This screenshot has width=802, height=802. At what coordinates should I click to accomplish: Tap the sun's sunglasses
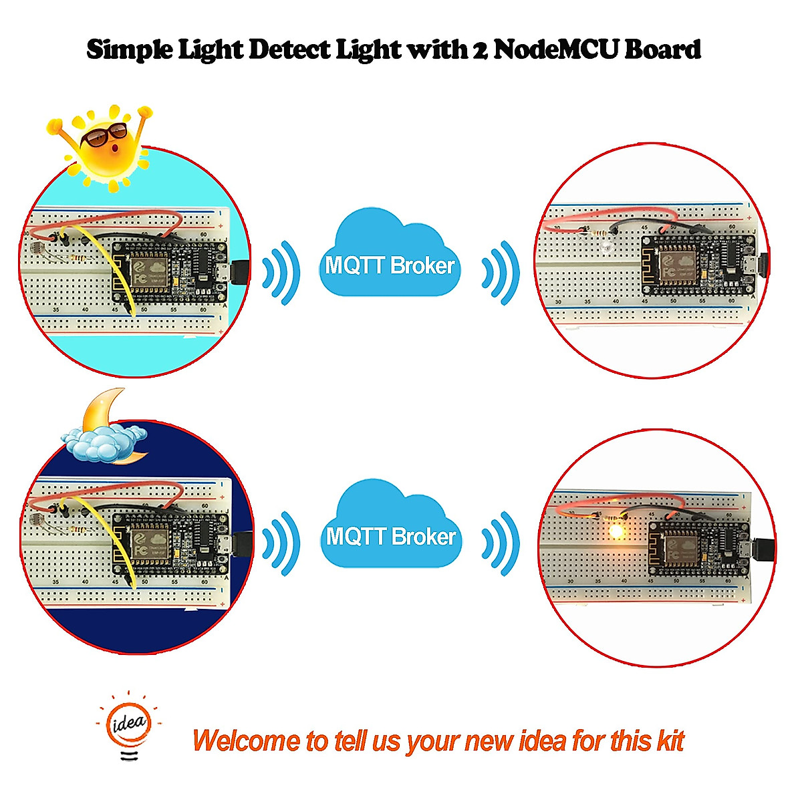click(x=103, y=136)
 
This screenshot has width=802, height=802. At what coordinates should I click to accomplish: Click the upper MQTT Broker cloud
click(x=390, y=254)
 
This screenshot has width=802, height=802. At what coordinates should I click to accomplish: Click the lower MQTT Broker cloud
click(x=391, y=525)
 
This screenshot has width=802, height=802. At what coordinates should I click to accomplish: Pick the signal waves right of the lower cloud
click(x=501, y=543)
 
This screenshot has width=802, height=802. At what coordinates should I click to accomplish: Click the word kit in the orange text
click(x=670, y=741)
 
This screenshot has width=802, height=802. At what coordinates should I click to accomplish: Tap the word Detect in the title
click(x=289, y=49)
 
